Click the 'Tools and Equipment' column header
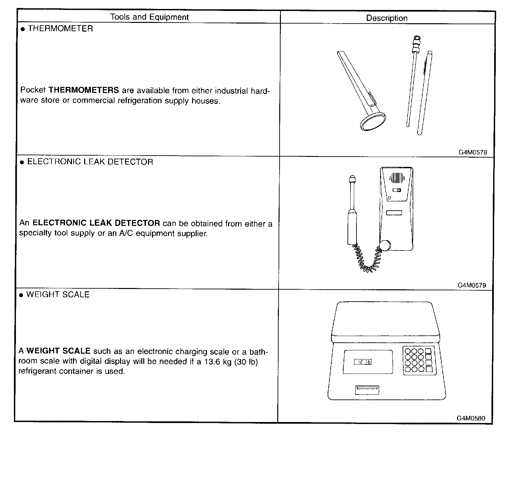[149, 17]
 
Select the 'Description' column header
[387, 18]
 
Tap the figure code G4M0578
[473, 153]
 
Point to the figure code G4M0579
[472, 285]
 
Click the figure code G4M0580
[471, 418]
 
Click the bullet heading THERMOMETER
[60, 29]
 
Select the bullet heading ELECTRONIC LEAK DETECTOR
[90, 162]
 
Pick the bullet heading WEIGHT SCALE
[58, 295]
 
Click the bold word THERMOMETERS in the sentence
[84, 90]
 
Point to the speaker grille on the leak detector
[397, 178]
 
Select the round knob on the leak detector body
[385, 245]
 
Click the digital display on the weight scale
[363, 362]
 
